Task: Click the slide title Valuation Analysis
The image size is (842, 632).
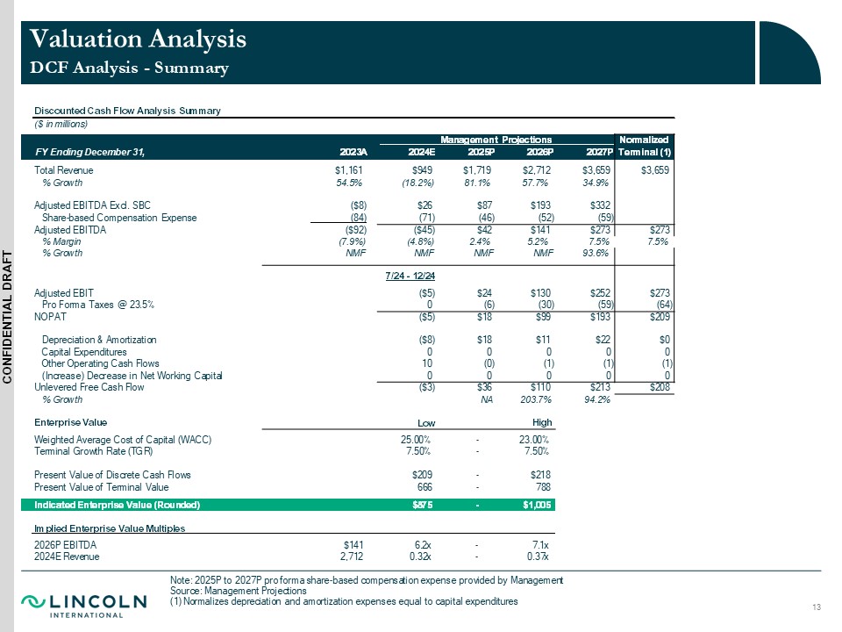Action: tap(138, 39)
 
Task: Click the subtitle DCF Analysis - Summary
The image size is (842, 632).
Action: tap(129, 68)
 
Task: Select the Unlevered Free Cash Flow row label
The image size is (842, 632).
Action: tap(89, 386)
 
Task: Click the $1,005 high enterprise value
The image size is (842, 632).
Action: tap(534, 505)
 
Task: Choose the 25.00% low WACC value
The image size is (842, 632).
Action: tap(415, 440)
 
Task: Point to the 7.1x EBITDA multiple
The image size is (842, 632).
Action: tap(538, 544)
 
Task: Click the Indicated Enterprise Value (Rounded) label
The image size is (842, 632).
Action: tap(117, 505)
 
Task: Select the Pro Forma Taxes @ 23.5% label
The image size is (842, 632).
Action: tap(98, 304)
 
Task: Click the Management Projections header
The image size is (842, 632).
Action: tap(496, 139)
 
